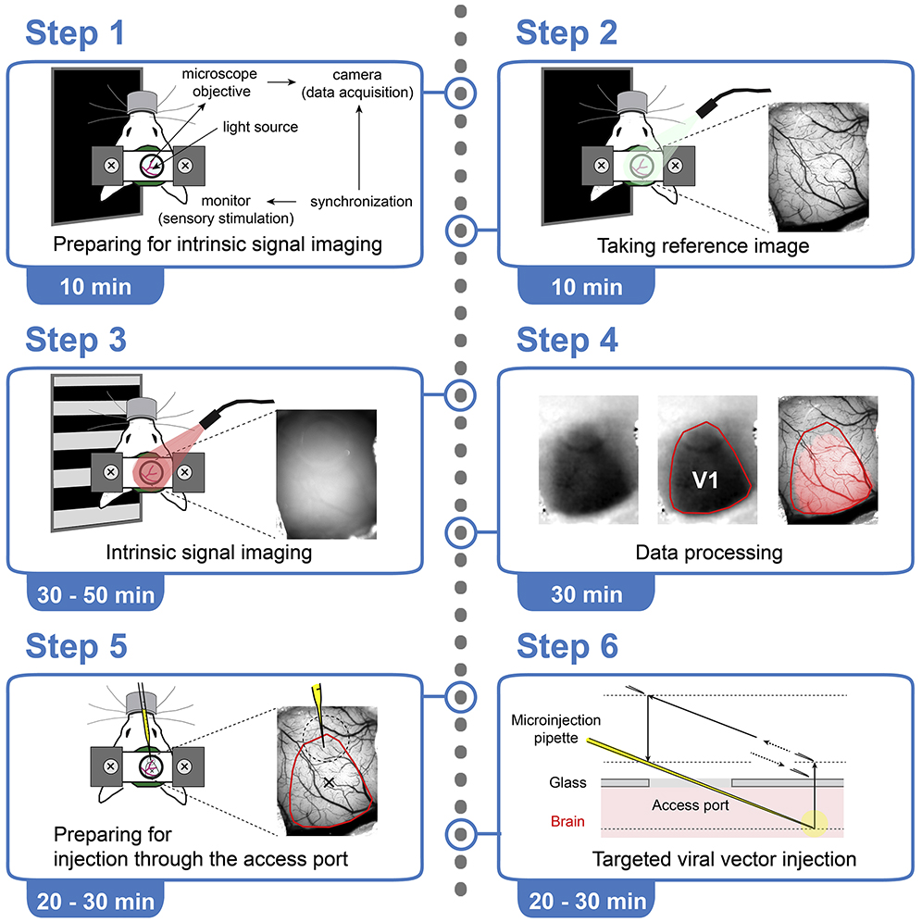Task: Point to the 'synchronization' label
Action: tap(360, 201)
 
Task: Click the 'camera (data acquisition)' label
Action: tap(361, 81)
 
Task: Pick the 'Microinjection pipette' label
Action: tap(556, 729)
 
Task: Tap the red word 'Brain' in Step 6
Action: tap(567, 821)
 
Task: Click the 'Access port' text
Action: tap(690, 804)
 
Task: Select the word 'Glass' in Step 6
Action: tap(568, 782)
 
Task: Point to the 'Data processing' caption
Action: tap(708, 553)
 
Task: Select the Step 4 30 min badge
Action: tap(587, 594)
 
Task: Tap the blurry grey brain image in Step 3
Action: tap(324, 472)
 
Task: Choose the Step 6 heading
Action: tap(567, 647)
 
